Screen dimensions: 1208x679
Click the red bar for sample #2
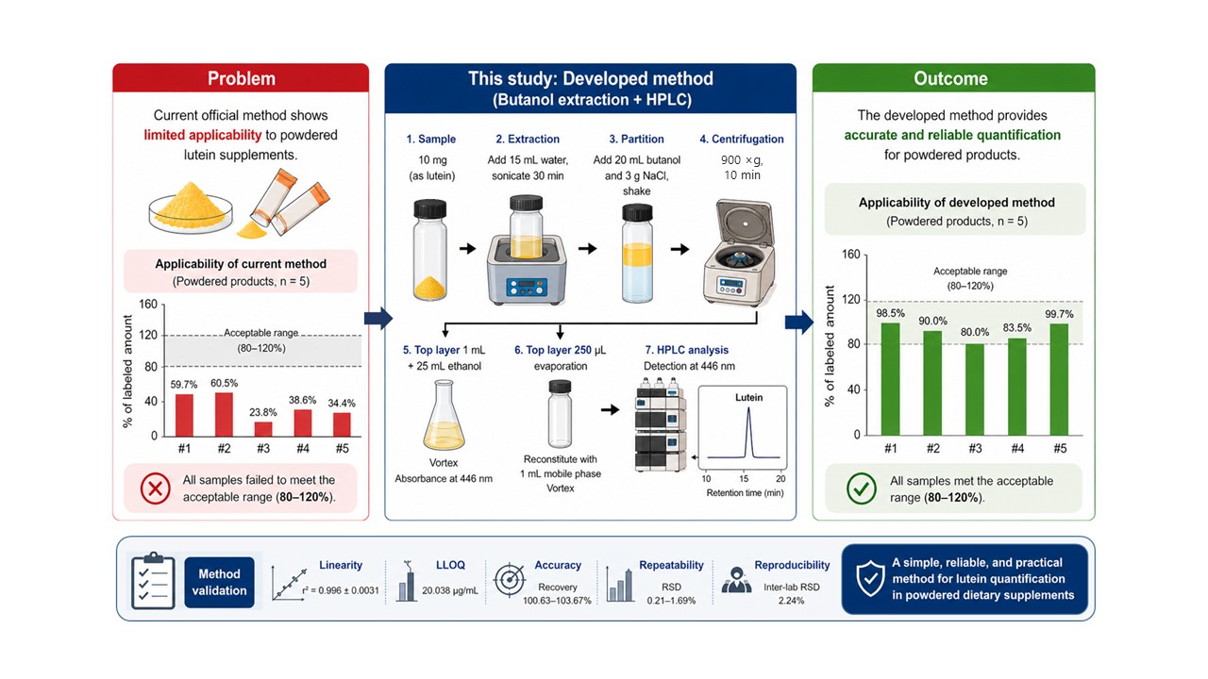(x=224, y=414)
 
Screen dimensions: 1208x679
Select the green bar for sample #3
(x=975, y=389)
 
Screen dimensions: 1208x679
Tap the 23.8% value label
(x=262, y=412)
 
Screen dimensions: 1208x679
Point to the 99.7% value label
(x=1059, y=314)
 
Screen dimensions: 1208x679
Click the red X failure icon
(x=156, y=489)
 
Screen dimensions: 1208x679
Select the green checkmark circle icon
(x=862, y=489)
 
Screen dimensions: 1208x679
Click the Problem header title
(x=241, y=78)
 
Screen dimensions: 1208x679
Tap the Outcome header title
(x=950, y=78)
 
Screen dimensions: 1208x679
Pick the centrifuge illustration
(x=740, y=252)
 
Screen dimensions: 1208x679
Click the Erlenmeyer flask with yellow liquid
(x=444, y=415)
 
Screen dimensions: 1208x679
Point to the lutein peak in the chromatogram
(x=748, y=432)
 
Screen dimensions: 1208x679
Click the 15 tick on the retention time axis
(x=744, y=478)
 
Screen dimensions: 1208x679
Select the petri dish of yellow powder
(x=191, y=209)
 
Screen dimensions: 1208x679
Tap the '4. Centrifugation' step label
(x=742, y=139)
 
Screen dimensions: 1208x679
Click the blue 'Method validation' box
(x=219, y=582)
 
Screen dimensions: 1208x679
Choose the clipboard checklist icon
(x=153, y=581)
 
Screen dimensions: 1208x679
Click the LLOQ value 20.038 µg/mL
(x=450, y=590)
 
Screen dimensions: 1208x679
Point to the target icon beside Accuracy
(x=510, y=579)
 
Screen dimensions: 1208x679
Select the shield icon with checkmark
(x=870, y=578)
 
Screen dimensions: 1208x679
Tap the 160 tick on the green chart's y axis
(x=851, y=255)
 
